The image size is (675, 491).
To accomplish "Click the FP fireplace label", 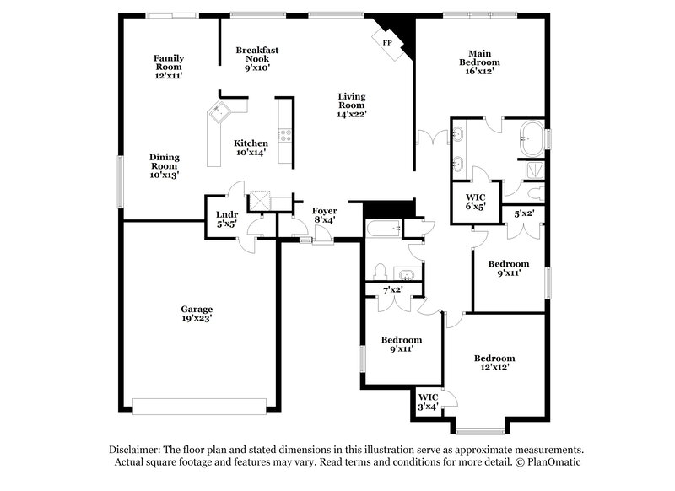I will point(387,42).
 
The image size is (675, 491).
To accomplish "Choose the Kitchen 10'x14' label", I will point(251,148).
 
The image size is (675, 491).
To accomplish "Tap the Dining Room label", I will point(165,165).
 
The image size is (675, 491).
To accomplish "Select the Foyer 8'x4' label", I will point(324,215).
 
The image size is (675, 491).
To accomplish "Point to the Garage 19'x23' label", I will point(196,313).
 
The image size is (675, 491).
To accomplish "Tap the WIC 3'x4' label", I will point(429,402).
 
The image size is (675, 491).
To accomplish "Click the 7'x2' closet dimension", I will point(392,290).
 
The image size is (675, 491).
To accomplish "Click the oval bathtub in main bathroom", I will point(532,138).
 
